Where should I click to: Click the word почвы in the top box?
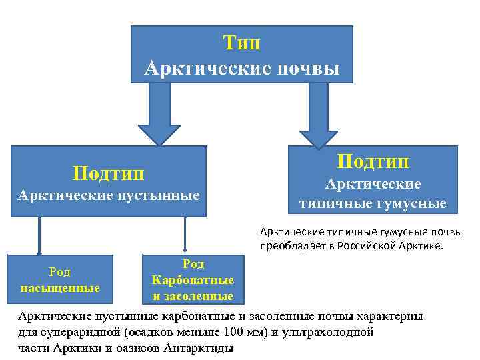[x=309, y=68]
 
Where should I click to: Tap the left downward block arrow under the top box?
[x=159, y=113]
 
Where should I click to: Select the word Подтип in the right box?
[x=373, y=161]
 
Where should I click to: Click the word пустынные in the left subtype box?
[x=159, y=195]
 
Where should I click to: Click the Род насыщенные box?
[x=60, y=279]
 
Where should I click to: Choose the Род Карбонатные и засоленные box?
[x=193, y=279]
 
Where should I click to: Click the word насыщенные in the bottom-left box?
[x=60, y=288]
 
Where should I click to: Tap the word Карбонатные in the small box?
[x=193, y=280]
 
